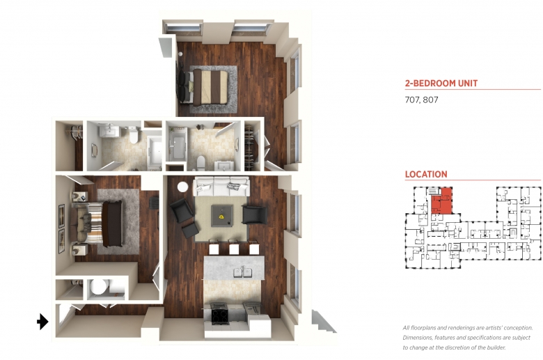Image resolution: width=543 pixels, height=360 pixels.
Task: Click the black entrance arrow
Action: [x=42, y=322]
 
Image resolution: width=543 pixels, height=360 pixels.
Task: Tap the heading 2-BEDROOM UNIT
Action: [x=441, y=83]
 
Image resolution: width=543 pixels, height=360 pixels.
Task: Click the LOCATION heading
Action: [x=426, y=174]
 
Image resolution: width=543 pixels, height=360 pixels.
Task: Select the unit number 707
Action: [x=411, y=100]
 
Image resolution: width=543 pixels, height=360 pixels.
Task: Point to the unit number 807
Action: [x=430, y=100]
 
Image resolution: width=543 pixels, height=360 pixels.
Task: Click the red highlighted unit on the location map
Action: [x=441, y=201]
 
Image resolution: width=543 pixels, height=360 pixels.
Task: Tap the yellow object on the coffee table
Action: [x=221, y=217]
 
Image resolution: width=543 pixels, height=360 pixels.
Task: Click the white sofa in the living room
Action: [x=221, y=187]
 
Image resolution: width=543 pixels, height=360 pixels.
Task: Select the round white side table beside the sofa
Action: [x=182, y=187]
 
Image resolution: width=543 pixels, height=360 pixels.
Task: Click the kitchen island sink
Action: [x=243, y=272]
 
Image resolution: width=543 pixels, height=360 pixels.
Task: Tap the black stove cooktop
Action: [x=220, y=315]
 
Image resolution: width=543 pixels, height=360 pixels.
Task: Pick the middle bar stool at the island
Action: [x=235, y=247]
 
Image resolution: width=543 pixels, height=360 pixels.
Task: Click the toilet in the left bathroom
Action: [x=133, y=135]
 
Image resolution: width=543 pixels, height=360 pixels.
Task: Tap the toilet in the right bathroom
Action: [x=200, y=163]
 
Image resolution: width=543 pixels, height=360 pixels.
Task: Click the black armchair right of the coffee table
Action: [x=255, y=214]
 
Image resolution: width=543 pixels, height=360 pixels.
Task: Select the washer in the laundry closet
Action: [x=97, y=287]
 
